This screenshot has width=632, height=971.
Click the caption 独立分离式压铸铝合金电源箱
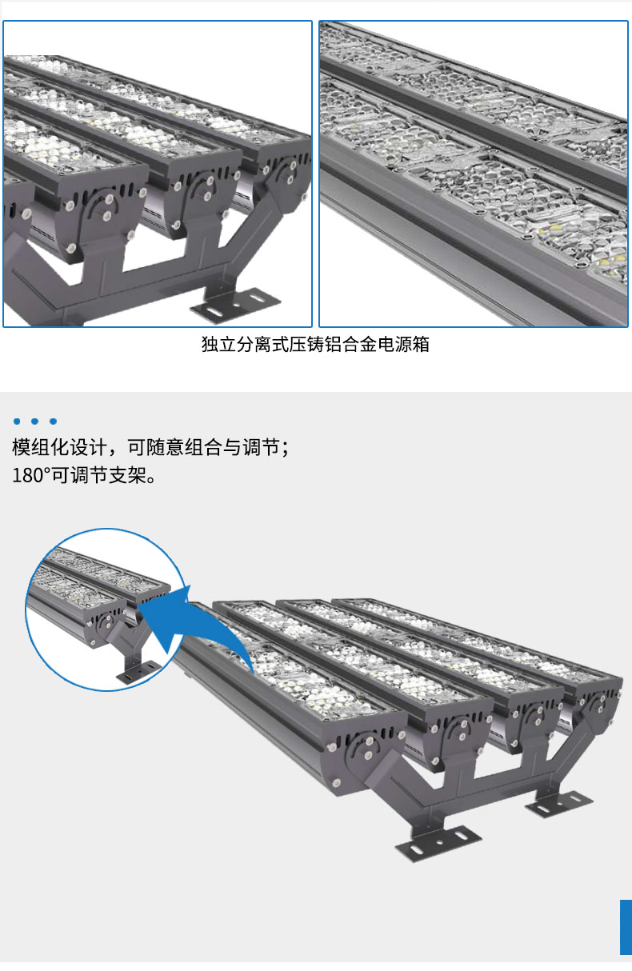(315, 344)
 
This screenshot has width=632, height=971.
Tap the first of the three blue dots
(17, 422)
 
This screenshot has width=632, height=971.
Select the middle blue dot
(35, 422)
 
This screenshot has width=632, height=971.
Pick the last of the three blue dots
(54, 422)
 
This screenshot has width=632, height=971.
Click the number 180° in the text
(28, 476)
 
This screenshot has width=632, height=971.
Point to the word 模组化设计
(59, 447)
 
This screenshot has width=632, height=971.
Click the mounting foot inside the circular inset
(138, 671)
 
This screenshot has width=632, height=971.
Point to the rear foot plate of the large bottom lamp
(558, 803)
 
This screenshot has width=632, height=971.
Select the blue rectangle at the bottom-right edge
(626, 928)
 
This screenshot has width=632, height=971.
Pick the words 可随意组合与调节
(203, 447)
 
